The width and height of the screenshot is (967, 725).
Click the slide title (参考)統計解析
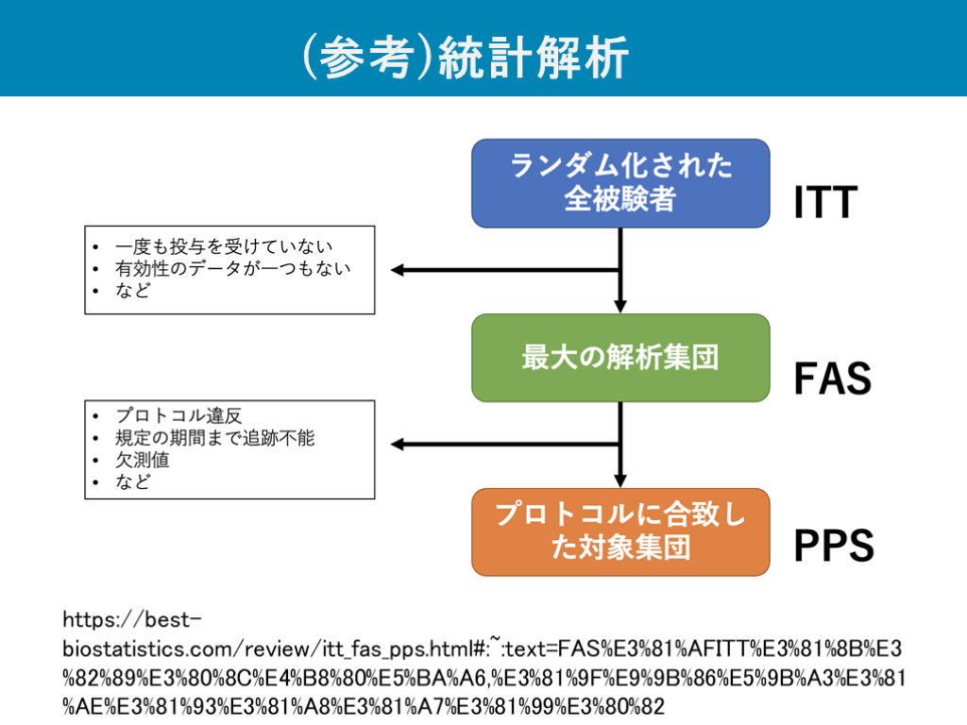coord(465,59)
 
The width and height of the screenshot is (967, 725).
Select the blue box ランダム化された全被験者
coord(620,183)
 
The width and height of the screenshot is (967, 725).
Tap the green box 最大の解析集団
coord(620,358)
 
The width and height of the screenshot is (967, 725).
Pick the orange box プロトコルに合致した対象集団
coord(620,531)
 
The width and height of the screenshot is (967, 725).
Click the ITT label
coord(825,203)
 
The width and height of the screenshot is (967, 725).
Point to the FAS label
coord(831,379)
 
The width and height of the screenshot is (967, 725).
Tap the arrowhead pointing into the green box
coord(620,306)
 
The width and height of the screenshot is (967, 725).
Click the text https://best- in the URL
coord(132,620)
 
